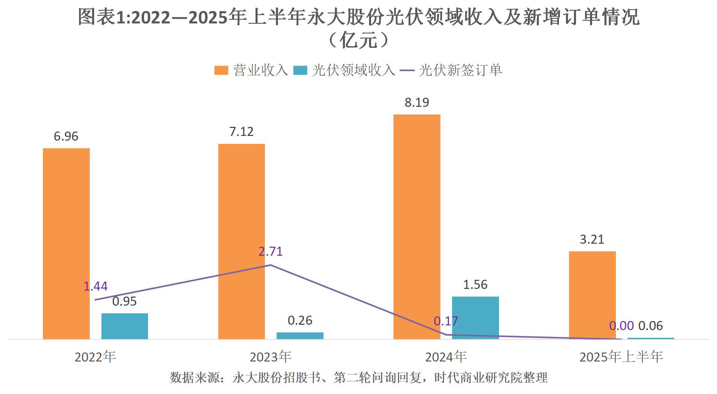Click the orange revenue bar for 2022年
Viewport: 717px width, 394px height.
click(x=66, y=244)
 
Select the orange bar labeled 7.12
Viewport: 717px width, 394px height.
click(x=241, y=241)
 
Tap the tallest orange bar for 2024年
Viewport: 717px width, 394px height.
click(x=417, y=227)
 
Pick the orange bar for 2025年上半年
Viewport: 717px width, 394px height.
click(x=592, y=295)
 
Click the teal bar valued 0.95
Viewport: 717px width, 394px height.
click(x=125, y=326)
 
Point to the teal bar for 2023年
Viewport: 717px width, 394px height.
click(x=300, y=335)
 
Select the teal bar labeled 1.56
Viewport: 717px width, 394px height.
click(x=475, y=318)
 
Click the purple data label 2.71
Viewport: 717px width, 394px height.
click(x=271, y=251)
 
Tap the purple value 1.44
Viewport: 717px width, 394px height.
click(x=95, y=286)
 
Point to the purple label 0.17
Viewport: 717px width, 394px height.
click(x=446, y=321)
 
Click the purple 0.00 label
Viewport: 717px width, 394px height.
click(x=621, y=326)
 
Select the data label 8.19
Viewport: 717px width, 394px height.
click(x=417, y=102)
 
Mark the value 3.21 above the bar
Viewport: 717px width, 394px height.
click(x=592, y=240)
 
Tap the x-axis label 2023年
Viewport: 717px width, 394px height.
click(x=271, y=357)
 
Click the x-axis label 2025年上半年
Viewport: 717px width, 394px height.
click(x=621, y=357)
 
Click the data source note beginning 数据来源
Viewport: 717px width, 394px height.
click(x=358, y=378)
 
